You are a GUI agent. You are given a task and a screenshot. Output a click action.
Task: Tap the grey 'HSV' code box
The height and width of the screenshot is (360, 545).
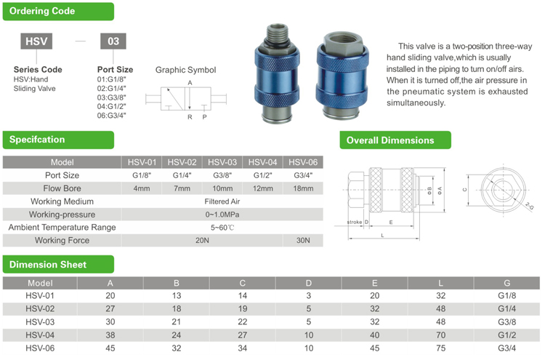36,41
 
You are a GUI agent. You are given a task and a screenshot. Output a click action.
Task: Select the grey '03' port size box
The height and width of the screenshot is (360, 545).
113,41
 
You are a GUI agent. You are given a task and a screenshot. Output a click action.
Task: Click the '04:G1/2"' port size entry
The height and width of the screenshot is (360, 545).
111,106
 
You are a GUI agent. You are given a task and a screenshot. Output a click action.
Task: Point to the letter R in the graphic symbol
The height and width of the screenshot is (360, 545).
190,117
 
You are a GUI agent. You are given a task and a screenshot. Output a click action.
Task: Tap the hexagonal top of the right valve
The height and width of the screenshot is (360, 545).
343,42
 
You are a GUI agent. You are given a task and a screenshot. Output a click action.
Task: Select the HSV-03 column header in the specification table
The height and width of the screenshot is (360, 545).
222,162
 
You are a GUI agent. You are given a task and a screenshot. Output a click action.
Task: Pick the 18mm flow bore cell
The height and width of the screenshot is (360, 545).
303,188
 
